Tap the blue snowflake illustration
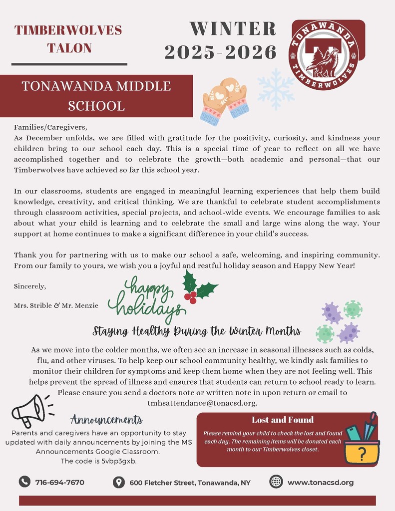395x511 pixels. click(x=276, y=88)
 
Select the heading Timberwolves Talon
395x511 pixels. click(x=69, y=39)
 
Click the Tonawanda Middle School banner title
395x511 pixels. click(x=96, y=96)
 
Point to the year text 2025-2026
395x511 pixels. click(x=220, y=51)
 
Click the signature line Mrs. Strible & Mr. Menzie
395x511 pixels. click(x=56, y=305)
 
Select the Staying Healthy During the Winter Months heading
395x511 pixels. click(x=197, y=331)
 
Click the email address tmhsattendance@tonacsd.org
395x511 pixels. click(x=202, y=403)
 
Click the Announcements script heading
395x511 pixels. click(x=106, y=419)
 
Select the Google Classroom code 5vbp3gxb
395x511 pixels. click(x=119, y=461)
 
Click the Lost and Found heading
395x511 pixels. click(x=283, y=419)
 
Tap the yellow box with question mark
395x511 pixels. click(x=362, y=452)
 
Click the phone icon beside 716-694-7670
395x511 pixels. click(x=24, y=482)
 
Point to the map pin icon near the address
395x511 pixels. click(x=118, y=482)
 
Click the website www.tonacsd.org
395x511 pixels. click(x=320, y=483)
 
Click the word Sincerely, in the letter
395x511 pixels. click(x=30, y=286)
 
